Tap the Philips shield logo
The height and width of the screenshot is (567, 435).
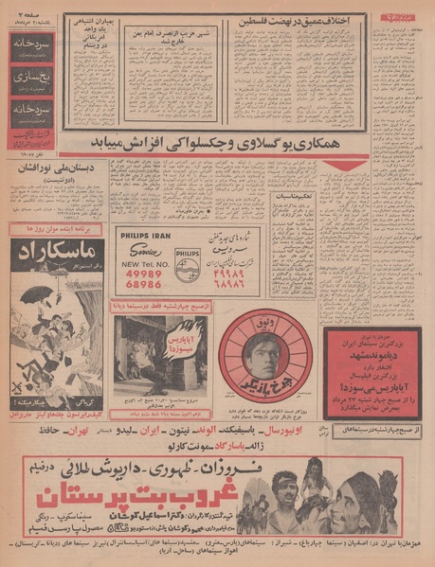click(187, 256)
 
